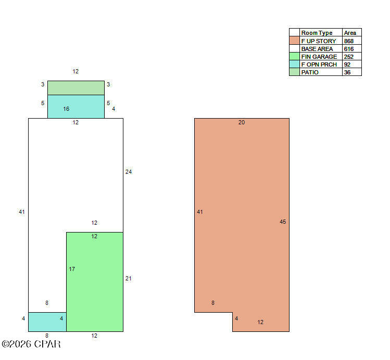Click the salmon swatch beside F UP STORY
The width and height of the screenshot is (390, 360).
coord(294,41)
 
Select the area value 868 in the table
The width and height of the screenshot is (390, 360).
coord(349,41)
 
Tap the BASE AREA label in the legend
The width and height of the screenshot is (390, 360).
coord(317,49)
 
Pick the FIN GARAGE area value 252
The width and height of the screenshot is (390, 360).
coord(349,57)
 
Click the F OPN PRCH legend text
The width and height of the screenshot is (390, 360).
coord(319,65)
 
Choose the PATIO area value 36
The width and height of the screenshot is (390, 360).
coord(347,72)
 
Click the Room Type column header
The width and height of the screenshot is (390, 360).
coord(317,33)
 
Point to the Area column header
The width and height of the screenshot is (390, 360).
coord(350,33)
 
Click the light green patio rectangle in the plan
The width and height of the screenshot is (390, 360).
coord(76,88)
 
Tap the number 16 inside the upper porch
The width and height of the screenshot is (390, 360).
coord(66,109)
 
